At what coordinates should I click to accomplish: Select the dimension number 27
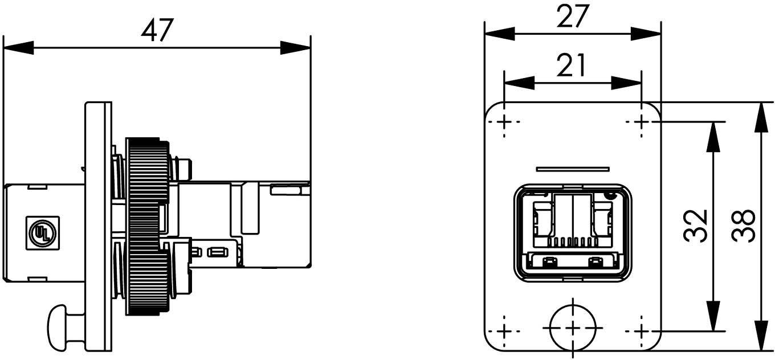pyautogui.click(x=572, y=17)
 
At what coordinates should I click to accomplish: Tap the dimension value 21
pyautogui.click(x=572, y=66)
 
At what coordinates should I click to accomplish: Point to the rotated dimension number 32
pyautogui.click(x=696, y=226)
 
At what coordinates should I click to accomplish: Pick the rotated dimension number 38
pyautogui.click(x=745, y=226)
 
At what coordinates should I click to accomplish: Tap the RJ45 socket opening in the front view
pyautogui.click(x=573, y=232)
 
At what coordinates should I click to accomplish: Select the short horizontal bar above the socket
pyautogui.click(x=573, y=169)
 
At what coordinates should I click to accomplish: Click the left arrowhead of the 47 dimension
pyautogui.click(x=17, y=48)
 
